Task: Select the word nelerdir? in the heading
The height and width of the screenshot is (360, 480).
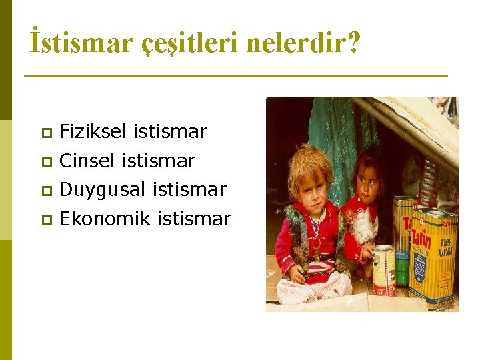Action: [303, 43]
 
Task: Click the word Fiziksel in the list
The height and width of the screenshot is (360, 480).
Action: [93, 132]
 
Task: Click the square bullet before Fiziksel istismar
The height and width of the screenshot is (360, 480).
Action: [45, 133]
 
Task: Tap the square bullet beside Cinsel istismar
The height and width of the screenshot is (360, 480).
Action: [45, 161]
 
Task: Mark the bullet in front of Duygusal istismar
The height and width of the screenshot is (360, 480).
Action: [45, 191]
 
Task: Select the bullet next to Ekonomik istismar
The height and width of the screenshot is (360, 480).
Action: [45, 219]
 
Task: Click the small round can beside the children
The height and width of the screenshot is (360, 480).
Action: [384, 270]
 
